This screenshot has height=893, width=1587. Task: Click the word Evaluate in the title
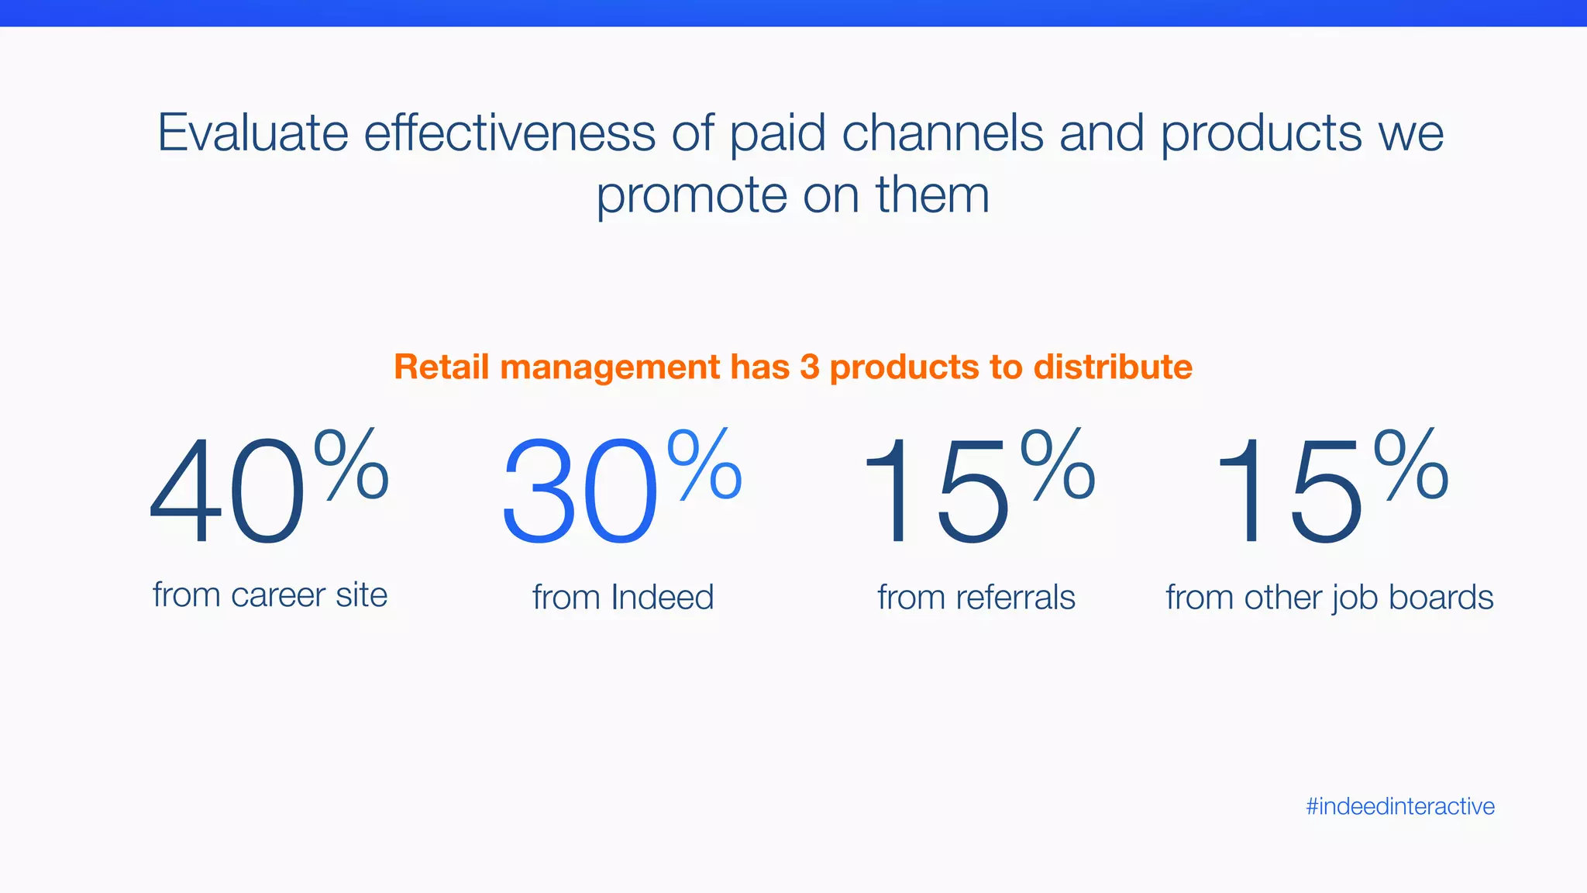(253, 133)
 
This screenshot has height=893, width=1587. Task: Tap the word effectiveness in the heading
(510, 133)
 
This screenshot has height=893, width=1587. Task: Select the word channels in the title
(942, 133)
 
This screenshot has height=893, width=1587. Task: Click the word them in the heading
(932, 195)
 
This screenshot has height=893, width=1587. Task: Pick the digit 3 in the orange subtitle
(809, 367)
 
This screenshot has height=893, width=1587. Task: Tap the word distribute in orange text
(1113, 367)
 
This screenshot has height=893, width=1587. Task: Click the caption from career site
(270, 595)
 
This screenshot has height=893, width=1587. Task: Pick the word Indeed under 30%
(662, 597)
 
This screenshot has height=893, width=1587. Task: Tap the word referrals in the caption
(1015, 597)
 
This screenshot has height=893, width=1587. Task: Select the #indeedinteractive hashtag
(1399, 806)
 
